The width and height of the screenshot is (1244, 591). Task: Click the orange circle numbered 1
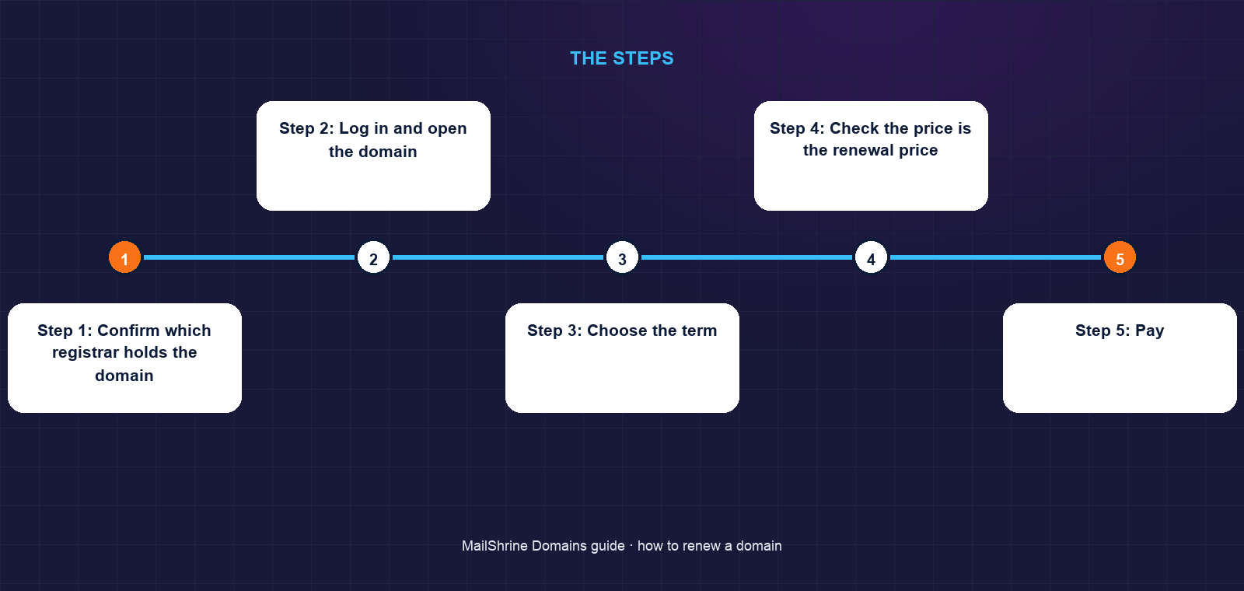point(124,257)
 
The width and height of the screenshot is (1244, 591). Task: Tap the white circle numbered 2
point(373,257)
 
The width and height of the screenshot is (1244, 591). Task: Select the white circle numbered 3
point(622,257)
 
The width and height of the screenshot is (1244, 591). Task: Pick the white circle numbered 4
point(871,257)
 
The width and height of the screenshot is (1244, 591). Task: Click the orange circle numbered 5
point(1120,257)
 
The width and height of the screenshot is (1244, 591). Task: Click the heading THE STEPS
point(622,58)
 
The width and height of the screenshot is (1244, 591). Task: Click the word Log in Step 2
point(354,129)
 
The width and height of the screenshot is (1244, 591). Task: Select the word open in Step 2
point(447,129)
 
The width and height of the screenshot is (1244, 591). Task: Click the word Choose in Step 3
point(617,330)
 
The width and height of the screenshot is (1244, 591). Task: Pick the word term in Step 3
point(698,331)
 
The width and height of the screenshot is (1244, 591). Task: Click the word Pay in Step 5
point(1150,331)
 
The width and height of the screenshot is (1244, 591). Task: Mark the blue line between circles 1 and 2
point(249,257)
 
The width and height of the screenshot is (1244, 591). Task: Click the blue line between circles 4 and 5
point(995,257)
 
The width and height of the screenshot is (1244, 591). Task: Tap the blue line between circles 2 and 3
point(498,257)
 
